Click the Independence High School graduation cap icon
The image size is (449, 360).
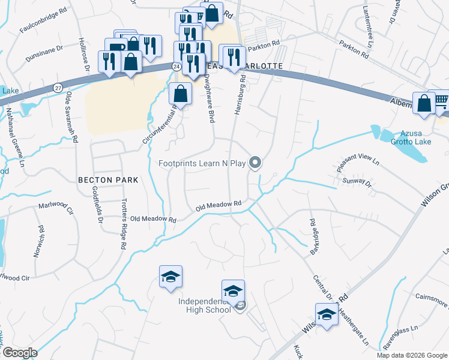coord(233,291)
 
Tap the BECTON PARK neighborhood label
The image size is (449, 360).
coord(108,180)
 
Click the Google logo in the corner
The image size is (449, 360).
coord(20,353)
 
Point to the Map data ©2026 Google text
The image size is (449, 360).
coord(411,355)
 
